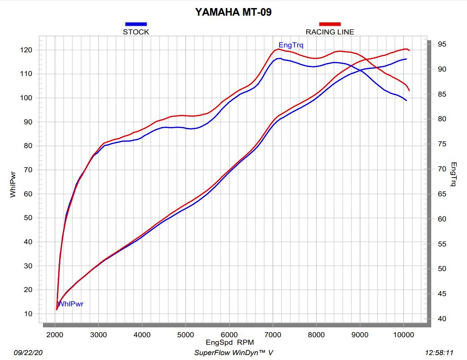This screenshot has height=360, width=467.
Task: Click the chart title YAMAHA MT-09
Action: [233, 12]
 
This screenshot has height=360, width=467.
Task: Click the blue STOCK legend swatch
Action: [136, 24]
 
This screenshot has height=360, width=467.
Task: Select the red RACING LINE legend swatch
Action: [330, 24]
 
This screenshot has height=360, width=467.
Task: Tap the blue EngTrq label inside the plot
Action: [291, 45]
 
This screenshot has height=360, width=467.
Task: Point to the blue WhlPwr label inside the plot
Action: [70, 304]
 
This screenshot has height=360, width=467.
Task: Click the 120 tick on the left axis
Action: [26, 50]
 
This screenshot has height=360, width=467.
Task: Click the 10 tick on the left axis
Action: [28, 314]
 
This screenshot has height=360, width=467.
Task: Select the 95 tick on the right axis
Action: [442, 44]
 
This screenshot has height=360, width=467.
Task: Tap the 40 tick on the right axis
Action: [442, 319]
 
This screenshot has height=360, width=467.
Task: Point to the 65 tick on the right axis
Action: [442, 194]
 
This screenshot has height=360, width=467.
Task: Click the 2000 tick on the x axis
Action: [55, 335]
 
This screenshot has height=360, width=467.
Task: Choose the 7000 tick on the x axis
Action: [273, 335]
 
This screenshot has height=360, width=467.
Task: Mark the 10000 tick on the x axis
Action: [403, 335]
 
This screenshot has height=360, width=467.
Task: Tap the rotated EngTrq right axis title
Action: [453, 174]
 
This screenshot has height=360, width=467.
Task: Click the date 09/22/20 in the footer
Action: [28, 352]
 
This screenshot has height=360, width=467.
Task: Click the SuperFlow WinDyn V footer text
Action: [233, 352]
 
